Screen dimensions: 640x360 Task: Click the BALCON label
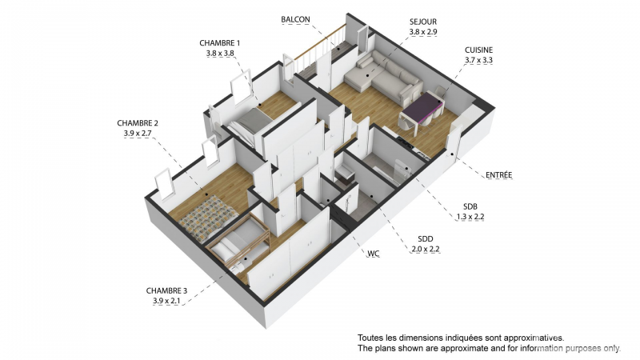tap(295, 19)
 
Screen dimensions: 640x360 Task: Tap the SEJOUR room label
tap(423, 22)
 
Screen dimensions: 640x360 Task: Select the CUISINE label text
tap(478, 50)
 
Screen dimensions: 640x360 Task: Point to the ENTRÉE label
tap(498, 175)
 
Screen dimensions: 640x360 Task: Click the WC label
tap(374, 254)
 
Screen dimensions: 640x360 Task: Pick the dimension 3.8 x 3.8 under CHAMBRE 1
tap(220, 53)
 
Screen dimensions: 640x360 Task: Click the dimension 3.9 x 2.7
tap(138, 133)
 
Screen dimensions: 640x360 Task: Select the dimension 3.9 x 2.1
tap(166, 302)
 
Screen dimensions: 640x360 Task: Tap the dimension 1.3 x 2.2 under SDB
tap(470, 217)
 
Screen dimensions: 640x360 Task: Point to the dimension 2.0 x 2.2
tap(425, 250)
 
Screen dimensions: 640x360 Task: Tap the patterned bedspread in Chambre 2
tap(208, 218)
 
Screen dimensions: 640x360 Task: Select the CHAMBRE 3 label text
tap(166, 291)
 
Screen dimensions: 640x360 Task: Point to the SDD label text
tap(426, 239)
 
